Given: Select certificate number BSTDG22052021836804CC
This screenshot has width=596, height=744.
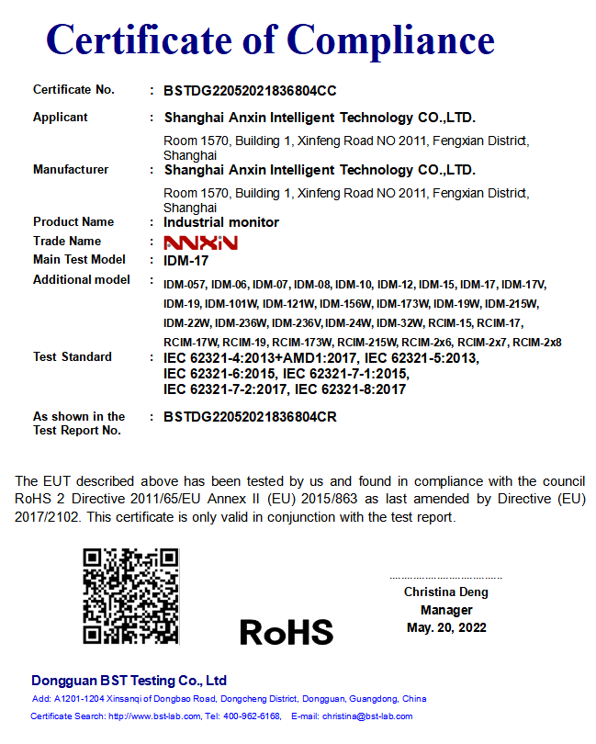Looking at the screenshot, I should pyautogui.click(x=250, y=91).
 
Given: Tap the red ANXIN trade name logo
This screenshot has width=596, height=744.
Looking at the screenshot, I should pyautogui.click(x=200, y=242).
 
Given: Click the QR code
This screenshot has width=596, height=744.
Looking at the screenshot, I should pyautogui.click(x=130, y=596).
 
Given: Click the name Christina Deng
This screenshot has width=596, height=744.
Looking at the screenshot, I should pyautogui.click(x=446, y=592).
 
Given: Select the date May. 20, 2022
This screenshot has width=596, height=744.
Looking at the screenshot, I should pyautogui.click(x=446, y=627).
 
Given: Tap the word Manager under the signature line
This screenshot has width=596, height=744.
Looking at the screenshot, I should pyautogui.click(x=446, y=610).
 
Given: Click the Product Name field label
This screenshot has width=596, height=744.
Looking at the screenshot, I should pyautogui.click(x=73, y=222).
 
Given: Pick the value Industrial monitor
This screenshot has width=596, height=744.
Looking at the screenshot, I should pyautogui.click(x=221, y=222).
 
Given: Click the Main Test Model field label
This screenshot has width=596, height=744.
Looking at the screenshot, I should pyautogui.click(x=79, y=260).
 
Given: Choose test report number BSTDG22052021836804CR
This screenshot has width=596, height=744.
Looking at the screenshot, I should pyautogui.click(x=250, y=416).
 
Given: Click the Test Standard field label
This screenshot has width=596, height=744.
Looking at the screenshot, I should pyautogui.click(x=73, y=356).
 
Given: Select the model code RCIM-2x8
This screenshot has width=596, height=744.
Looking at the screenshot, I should pyautogui.click(x=537, y=343).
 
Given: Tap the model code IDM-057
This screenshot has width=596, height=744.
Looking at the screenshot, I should pyautogui.click(x=185, y=285).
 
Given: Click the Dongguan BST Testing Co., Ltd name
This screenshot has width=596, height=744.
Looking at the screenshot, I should pyautogui.click(x=129, y=681).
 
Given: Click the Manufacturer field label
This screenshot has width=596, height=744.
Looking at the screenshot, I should pyautogui.click(x=71, y=170).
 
